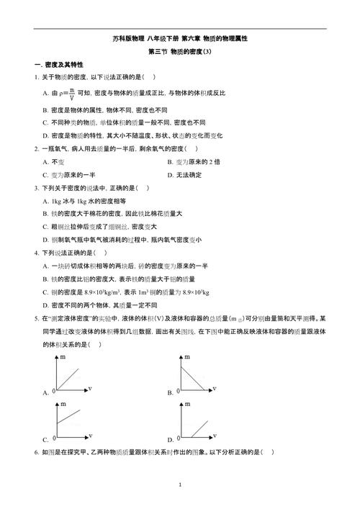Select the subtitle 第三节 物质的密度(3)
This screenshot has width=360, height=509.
click(179, 51)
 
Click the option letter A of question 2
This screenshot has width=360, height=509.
click(45, 161)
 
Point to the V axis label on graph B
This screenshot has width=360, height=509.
click(216, 389)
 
